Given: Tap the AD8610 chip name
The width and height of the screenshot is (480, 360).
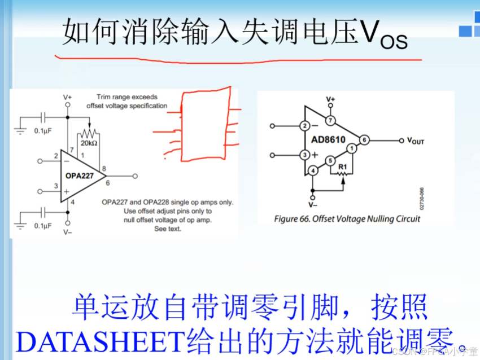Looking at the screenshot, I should pos(329,139).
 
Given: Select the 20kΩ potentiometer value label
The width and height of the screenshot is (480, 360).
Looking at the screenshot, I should pos(90,143).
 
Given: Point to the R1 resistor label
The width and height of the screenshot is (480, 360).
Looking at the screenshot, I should pos(342,166).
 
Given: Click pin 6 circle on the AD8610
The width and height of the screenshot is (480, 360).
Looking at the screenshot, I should pos(365,139).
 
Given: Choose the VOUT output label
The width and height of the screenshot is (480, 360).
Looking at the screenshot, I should pos(415,141).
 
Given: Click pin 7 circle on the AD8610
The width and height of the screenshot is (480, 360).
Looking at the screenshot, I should pos(331,120).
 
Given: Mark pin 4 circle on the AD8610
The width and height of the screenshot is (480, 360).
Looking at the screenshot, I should pos(313,171).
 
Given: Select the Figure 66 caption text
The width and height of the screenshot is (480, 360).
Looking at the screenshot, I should pos(347,218).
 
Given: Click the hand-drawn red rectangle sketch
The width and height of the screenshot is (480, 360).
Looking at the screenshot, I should pos(206,125).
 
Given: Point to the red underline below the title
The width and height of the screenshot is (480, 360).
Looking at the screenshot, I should pos(237,58).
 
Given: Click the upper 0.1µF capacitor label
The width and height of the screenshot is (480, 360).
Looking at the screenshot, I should pos(43,131).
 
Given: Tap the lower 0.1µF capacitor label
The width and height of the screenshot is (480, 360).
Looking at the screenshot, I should pos(43,226).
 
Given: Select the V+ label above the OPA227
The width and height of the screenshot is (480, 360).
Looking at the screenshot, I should pos(67,97).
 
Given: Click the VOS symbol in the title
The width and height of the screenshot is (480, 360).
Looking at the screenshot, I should pos(383,35).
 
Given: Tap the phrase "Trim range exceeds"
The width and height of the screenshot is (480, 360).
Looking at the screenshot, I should pos(127,97).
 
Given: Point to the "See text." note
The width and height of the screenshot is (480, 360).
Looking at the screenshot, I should pos(167,229).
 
